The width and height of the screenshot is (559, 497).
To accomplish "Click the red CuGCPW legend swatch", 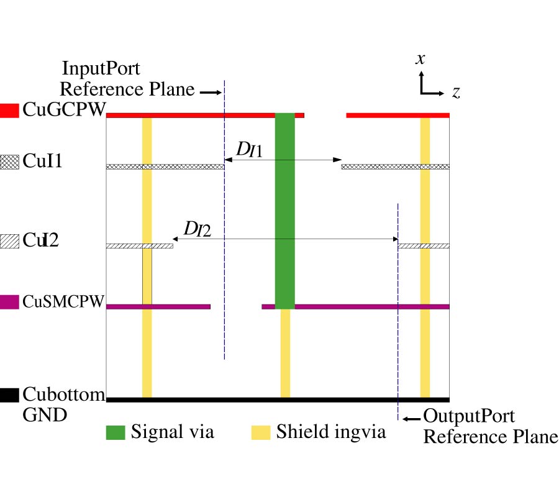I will click(x=10, y=110).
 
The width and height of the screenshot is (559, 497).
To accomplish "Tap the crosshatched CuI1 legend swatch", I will click(x=10, y=162).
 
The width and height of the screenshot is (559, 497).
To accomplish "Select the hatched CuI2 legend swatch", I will click(x=10, y=239).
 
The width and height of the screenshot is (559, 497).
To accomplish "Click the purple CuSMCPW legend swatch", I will click(x=10, y=303).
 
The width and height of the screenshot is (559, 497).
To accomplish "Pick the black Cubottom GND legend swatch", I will click(x=10, y=394).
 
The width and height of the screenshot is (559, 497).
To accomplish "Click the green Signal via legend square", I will click(x=116, y=432).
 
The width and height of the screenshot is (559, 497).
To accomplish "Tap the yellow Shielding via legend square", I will click(x=261, y=432).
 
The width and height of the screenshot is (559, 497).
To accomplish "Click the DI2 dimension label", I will click(x=196, y=229).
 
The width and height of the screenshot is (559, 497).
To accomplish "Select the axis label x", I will click(x=420, y=59).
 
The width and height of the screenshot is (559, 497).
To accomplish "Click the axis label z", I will click(x=455, y=93).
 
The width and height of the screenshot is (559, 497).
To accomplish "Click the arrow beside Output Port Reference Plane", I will click(x=410, y=418).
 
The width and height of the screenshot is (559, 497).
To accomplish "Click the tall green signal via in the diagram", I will click(x=284, y=211).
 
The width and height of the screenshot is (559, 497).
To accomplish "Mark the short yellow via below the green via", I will click(x=285, y=353).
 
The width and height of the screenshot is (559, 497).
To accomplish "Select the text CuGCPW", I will click(x=64, y=110).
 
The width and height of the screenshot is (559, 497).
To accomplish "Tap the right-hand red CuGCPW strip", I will click(x=398, y=115).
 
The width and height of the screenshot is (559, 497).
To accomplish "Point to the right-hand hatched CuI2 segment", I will click(x=423, y=246).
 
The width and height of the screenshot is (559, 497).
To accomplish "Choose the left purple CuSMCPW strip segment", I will click(x=158, y=306).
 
